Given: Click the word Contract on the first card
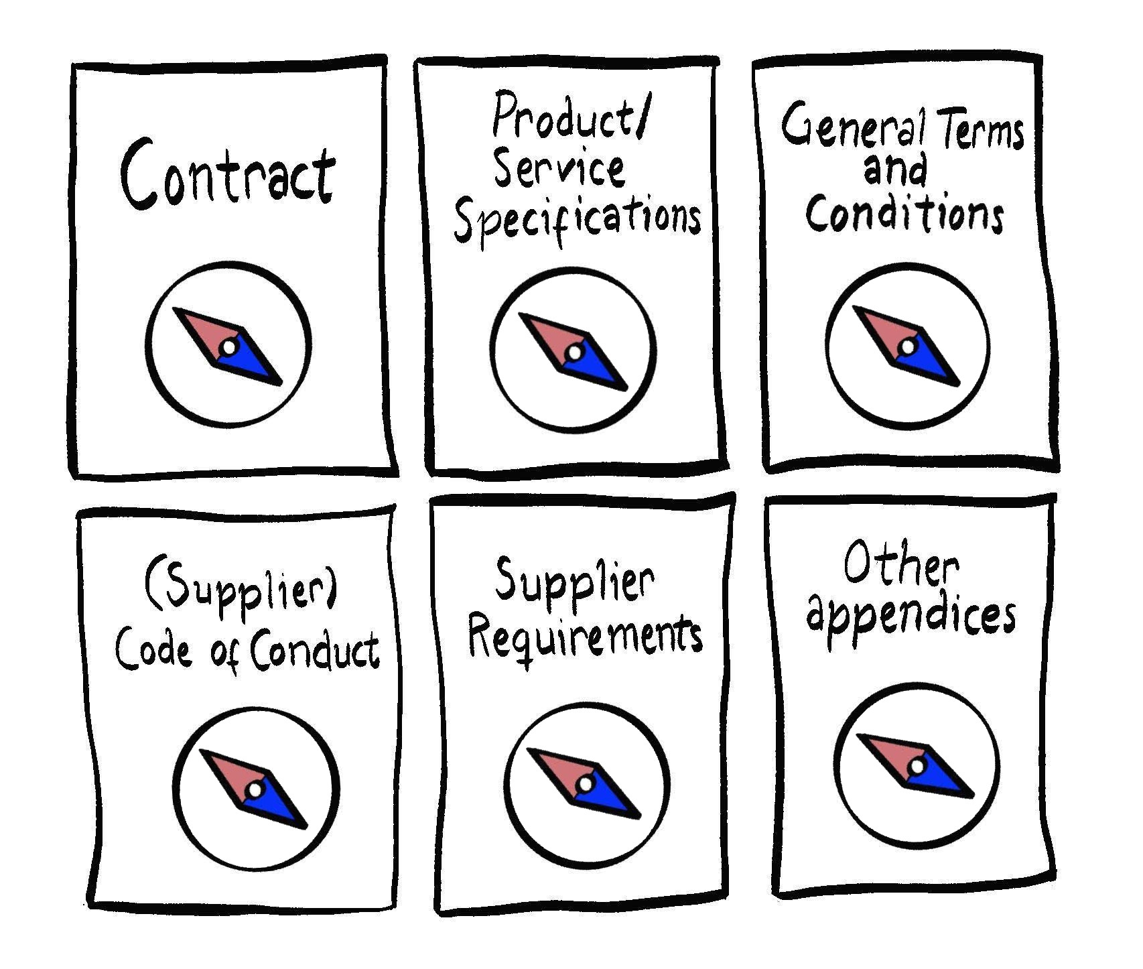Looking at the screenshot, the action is click(x=228, y=173).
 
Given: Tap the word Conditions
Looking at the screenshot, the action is click(x=905, y=212).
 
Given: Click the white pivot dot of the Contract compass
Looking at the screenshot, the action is click(x=228, y=347).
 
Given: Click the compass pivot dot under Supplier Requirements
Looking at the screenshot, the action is click(x=585, y=783).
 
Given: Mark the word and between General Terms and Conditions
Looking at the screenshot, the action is click(x=895, y=170).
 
